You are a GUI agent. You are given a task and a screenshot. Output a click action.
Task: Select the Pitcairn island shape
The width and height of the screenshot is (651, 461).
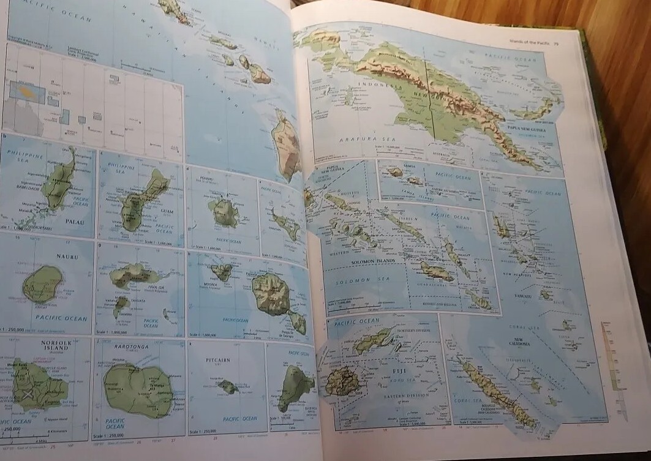click(x=228, y=386)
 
